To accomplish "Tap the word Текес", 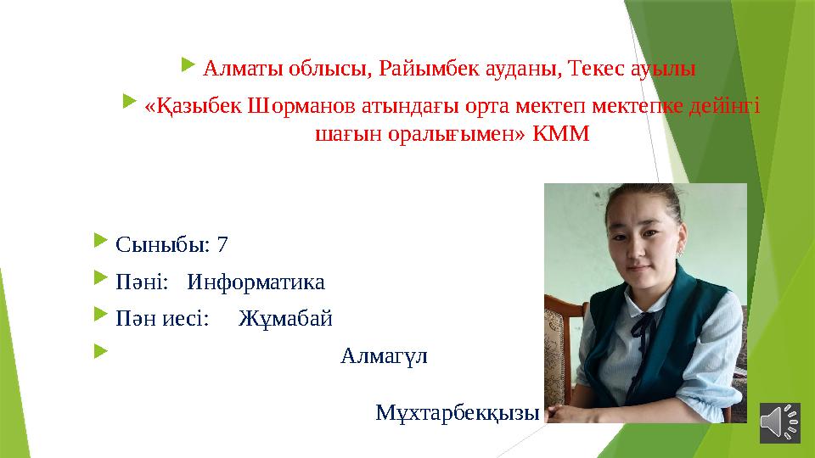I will point(597,69).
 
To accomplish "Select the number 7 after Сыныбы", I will point(222,245).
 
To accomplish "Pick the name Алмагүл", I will point(384,355).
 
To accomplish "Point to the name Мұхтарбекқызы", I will point(457,413).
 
